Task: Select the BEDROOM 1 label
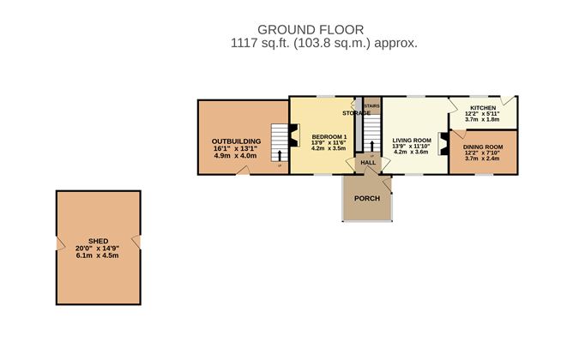click(329, 137)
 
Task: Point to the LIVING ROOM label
click(411, 140)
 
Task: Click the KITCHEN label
click(482, 108)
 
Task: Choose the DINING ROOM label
click(483, 147)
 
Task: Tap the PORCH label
click(366, 199)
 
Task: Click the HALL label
click(368, 162)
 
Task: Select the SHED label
click(97, 242)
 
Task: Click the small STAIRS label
click(371, 106)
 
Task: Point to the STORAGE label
click(356, 113)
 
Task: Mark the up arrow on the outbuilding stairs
click(279, 155)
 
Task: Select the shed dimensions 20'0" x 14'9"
click(97, 249)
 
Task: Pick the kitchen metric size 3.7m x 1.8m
click(482, 120)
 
